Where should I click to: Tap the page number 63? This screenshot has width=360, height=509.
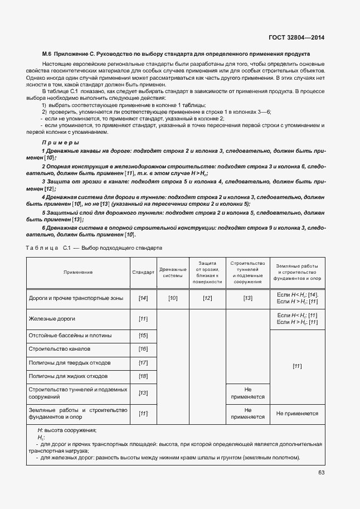321,473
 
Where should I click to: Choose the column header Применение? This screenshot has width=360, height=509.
78,272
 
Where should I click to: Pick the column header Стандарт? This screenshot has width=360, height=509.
143,272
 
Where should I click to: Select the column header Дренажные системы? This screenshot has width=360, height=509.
173,272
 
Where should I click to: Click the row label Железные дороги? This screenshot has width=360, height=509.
51,318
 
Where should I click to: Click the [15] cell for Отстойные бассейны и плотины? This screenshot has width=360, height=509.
143,336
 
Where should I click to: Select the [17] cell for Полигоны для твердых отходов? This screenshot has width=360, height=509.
143,363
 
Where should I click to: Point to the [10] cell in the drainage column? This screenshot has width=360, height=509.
173,298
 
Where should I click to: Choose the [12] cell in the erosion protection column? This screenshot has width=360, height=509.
207,298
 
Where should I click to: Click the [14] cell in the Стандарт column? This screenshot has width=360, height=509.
143,298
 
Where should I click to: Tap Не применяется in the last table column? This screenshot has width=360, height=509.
297,414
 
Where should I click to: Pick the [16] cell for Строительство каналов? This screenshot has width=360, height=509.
143,349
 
